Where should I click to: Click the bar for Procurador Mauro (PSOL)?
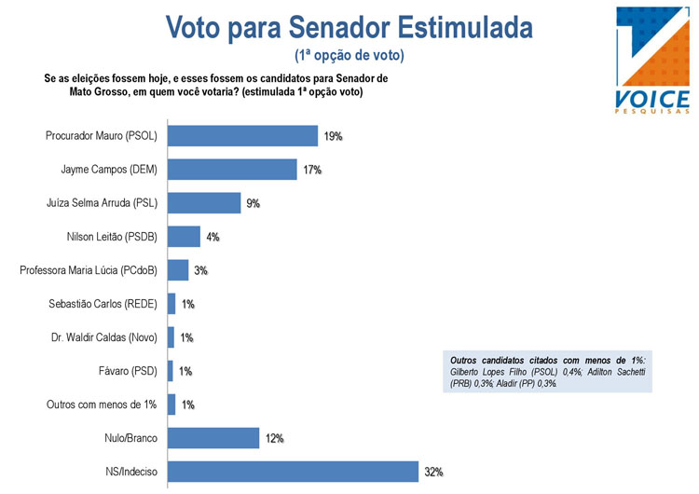pos(242,136)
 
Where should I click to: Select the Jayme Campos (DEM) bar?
pos(232,170)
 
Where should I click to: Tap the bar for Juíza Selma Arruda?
pos(203,203)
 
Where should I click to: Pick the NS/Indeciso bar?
pos(292,472)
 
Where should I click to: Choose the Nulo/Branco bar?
pos(212,438)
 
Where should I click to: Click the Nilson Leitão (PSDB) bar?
pos(184,237)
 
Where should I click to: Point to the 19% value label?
pos(334,137)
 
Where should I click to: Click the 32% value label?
pos(433,473)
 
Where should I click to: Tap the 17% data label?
pos(312,171)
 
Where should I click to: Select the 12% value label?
pos(273,439)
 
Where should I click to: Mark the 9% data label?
pos(253,204)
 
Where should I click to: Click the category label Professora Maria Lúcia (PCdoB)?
pos(89,270)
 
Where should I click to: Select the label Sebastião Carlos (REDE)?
pos(103,304)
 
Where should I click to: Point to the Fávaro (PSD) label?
pos(127,371)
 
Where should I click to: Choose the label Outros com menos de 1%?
pos(103,405)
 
